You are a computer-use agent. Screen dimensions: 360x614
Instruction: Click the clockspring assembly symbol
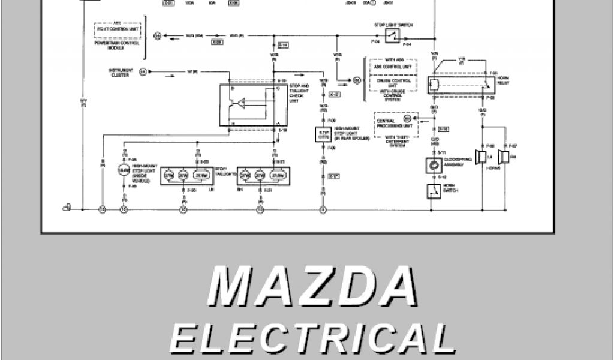(432, 164)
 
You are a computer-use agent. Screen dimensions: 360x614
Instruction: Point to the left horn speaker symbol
(481, 157)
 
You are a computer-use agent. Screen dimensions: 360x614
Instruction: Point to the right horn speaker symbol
(504, 157)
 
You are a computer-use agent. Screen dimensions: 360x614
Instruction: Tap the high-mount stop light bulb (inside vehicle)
(124, 170)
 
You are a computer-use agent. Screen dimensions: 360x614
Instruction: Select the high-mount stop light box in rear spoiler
(324, 135)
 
